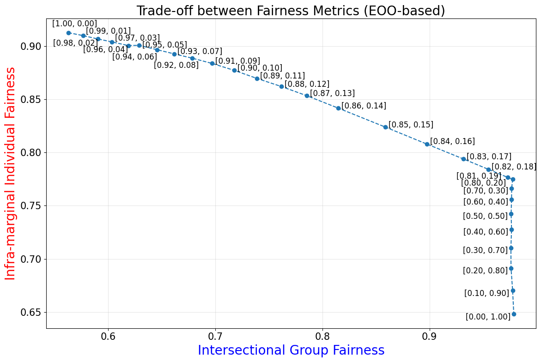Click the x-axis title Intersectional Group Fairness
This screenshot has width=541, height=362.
(x=291, y=350)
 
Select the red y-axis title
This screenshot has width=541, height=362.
(x=10, y=173)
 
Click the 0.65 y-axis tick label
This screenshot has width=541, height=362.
(x=30, y=313)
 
